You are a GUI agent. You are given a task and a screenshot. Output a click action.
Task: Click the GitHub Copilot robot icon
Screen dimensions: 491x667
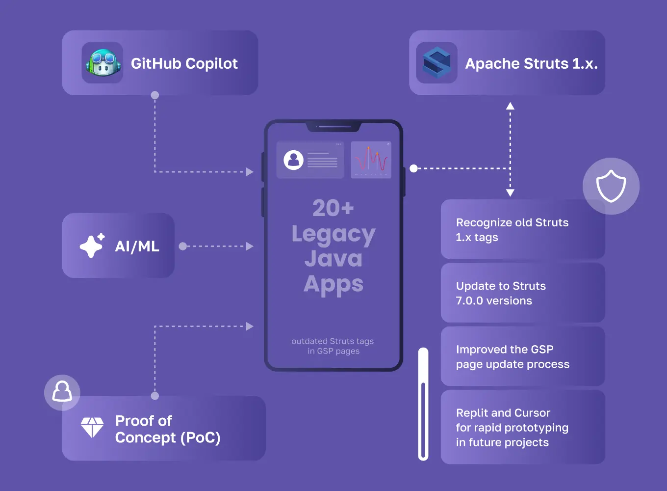(103, 63)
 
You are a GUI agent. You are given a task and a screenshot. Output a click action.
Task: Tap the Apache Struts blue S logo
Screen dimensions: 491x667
(436, 63)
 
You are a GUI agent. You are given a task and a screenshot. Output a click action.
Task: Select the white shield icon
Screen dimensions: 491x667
(611, 186)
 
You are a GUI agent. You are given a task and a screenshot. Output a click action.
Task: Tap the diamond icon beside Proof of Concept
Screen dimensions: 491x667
(92, 427)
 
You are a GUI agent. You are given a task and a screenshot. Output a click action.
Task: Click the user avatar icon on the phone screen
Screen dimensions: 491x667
(293, 160)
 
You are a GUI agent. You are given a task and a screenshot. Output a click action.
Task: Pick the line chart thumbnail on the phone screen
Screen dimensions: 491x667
(371, 160)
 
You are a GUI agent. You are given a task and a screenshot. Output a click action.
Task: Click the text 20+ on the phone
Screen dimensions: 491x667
(333, 208)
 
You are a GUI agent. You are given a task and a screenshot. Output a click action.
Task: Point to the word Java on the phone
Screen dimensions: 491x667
(333, 259)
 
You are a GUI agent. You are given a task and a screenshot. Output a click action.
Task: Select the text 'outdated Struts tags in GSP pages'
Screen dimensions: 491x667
(333, 346)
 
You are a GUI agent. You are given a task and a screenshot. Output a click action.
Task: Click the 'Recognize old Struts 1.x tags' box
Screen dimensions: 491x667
(522, 230)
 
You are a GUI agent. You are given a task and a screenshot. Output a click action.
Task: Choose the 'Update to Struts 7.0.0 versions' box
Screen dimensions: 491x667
(522, 293)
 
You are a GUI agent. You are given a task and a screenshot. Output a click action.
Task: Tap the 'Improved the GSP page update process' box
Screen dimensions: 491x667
(522, 356)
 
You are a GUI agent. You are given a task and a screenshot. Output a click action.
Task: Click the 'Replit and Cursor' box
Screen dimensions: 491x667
(522, 427)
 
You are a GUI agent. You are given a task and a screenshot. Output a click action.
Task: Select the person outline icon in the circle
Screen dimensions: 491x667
(62, 392)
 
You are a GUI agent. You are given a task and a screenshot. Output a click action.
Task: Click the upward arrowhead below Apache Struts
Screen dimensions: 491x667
(510, 106)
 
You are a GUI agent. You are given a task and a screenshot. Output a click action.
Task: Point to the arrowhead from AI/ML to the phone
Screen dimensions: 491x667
(250, 246)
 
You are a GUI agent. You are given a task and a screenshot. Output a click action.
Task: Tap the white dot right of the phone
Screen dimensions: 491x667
(413, 168)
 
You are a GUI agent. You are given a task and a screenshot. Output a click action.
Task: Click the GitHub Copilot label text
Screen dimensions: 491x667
(184, 63)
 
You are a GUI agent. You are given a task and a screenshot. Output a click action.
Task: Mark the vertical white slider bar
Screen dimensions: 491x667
(423, 404)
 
